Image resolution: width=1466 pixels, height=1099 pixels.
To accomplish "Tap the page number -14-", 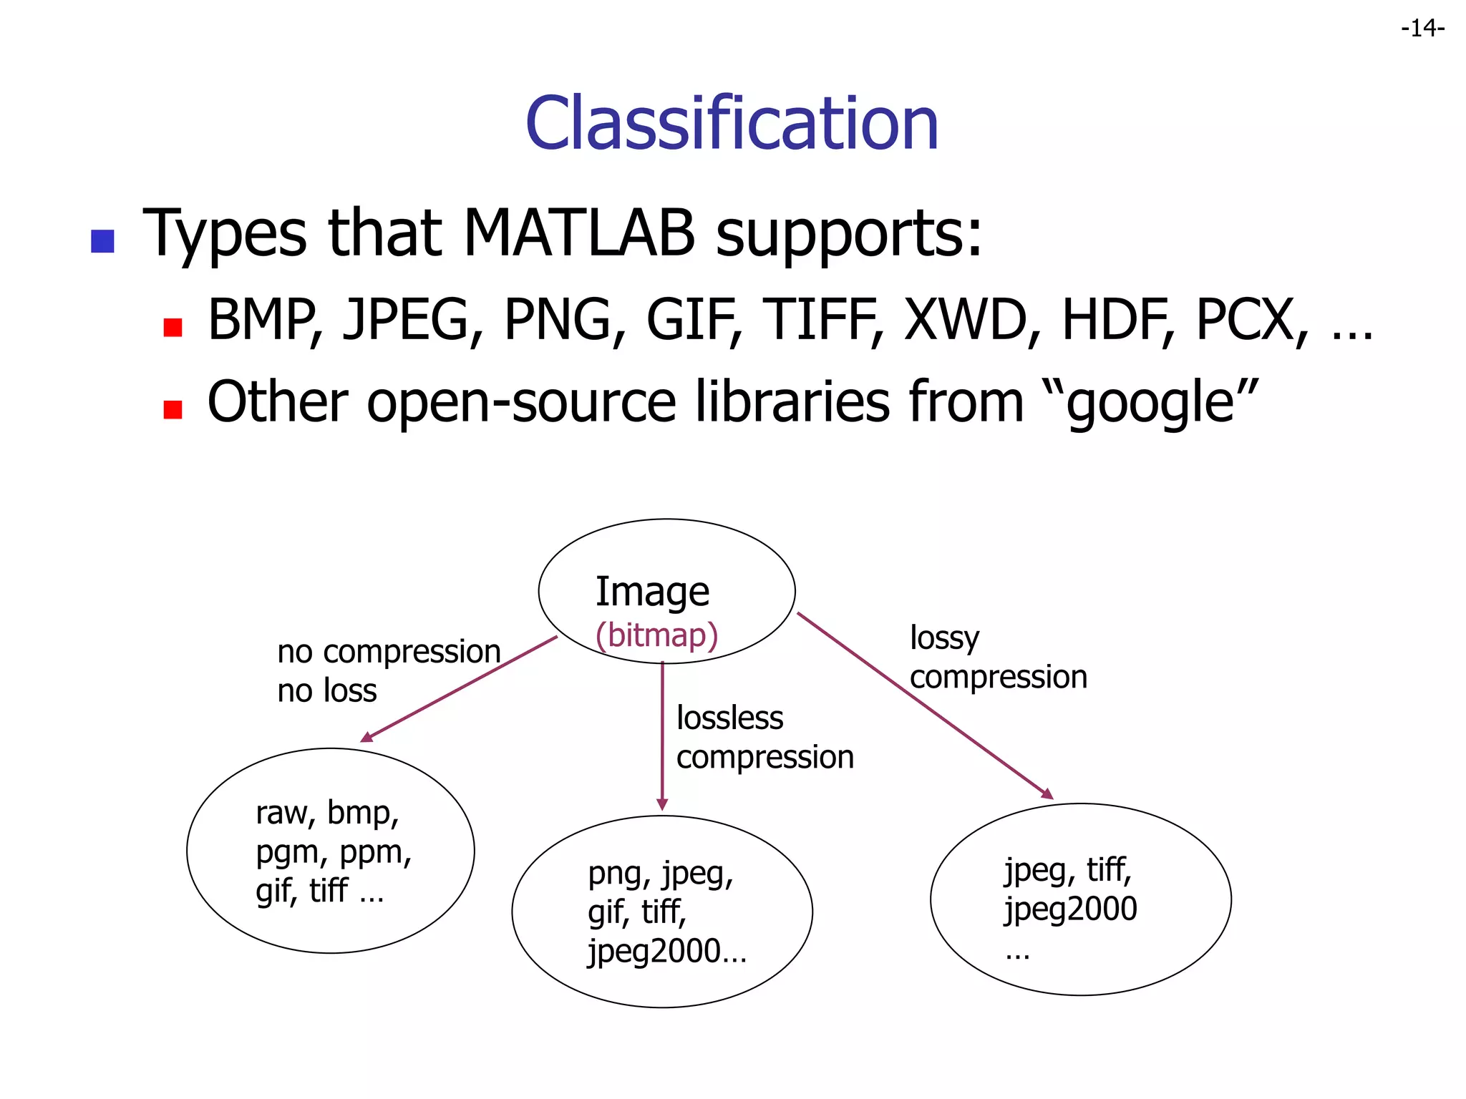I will pyautogui.click(x=1422, y=29).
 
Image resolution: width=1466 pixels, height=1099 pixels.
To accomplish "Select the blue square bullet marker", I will pyautogui.click(x=103, y=241).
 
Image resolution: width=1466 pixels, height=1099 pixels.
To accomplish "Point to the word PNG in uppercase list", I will pyautogui.click(x=558, y=320).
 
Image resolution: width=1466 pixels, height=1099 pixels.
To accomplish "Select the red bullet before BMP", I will pyautogui.click(x=173, y=328).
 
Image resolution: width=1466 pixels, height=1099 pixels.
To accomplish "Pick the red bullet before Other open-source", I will pyautogui.click(x=173, y=409).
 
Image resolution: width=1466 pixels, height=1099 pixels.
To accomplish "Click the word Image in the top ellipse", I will pyautogui.click(x=652, y=592).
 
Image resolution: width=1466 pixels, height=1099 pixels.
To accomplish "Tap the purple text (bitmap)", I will pyautogui.click(x=656, y=635).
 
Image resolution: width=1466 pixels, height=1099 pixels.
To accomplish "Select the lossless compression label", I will pyautogui.click(x=764, y=737).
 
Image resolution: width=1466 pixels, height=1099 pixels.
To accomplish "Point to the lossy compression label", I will pyautogui.click(x=998, y=657).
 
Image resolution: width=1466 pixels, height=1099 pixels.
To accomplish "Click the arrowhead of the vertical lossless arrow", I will pyautogui.click(x=662, y=805).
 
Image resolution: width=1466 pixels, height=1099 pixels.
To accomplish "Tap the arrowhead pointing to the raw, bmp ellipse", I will pyautogui.click(x=366, y=737).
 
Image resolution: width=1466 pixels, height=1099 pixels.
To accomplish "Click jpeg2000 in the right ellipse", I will pyautogui.click(x=1070, y=909).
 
